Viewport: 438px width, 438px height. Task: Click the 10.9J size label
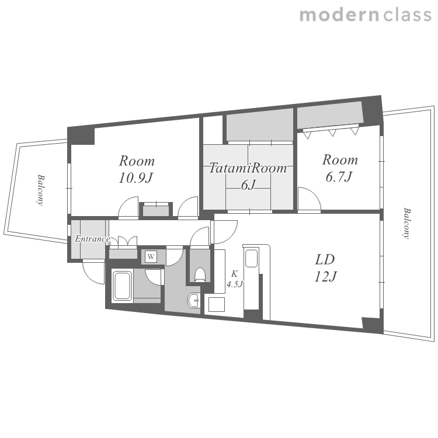tap(136, 178)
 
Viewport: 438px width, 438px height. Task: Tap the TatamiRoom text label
tap(248, 168)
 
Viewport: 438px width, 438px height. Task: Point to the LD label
tap(325, 259)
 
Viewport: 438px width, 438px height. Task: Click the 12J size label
tap(326, 277)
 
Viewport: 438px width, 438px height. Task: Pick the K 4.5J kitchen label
tap(235, 279)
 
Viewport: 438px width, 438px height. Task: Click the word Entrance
tap(92, 239)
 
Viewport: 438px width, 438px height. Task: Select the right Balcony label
tap(406, 223)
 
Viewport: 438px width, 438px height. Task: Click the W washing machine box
tap(151, 256)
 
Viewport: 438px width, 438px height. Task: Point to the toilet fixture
tap(200, 274)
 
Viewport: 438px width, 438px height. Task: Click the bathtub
tap(122, 286)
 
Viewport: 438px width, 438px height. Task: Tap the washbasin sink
tap(193, 301)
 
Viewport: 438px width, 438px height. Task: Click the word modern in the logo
tap(339, 15)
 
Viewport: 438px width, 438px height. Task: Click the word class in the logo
tap(407, 15)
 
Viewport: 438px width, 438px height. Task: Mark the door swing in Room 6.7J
tap(310, 199)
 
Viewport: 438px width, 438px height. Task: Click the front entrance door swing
tap(93, 272)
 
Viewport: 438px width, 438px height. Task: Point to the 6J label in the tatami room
tap(248, 185)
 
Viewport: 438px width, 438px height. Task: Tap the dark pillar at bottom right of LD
tap(373, 325)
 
